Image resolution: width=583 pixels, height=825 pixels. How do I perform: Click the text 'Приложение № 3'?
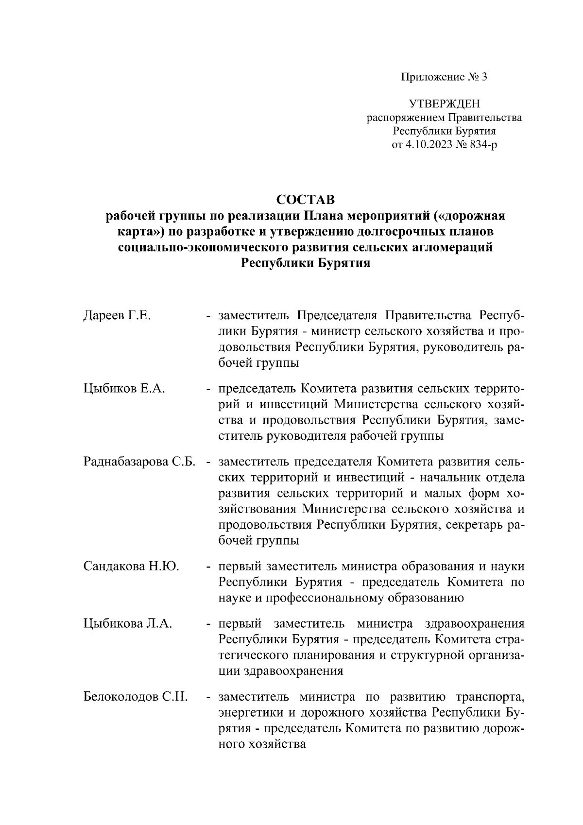(x=443, y=77)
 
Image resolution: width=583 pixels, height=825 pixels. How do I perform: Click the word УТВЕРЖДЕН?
(x=444, y=104)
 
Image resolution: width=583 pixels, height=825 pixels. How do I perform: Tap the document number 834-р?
(x=480, y=145)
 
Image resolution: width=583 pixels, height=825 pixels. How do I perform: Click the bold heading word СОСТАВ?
(x=306, y=200)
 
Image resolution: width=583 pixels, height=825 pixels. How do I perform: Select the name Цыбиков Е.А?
(x=125, y=389)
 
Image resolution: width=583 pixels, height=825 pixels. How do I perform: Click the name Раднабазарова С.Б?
(x=139, y=462)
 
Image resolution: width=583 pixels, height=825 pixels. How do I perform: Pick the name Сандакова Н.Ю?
(x=131, y=567)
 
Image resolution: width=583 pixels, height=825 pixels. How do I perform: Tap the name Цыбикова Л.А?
(x=128, y=624)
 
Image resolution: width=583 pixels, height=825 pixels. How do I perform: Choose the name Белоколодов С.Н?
(x=136, y=697)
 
